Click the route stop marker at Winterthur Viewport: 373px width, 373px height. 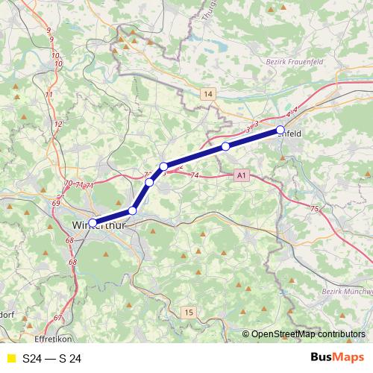pyautogui.click(x=93, y=222)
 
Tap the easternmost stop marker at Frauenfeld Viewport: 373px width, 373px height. pyautogui.click(x=280, y=130)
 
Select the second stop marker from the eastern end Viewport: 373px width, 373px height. pyautogui.click(x=225, y=146)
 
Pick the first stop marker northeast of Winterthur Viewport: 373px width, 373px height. pyautogui.click(x=133, y=210)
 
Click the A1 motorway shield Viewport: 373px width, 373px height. pyautogui.click(x=239, y=176)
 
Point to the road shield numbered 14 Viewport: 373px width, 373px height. pyautogui.click(x=207, y=94)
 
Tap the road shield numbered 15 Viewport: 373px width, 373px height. pyautogui.click(x=189, y=312)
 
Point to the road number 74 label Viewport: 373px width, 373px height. pyautogui.click(x=195, y=175)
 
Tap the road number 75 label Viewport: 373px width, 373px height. pyautogui.click(x=315, y=209)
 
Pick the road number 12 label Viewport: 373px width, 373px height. pyautogui.click(x=57, y=123)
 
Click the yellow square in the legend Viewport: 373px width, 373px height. pyautogui.click(x=10, y=358)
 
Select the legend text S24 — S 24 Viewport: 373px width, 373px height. pyautogui.click(x=51, y=358)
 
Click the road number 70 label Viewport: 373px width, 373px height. pyautogui.click(x=69, y=184)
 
